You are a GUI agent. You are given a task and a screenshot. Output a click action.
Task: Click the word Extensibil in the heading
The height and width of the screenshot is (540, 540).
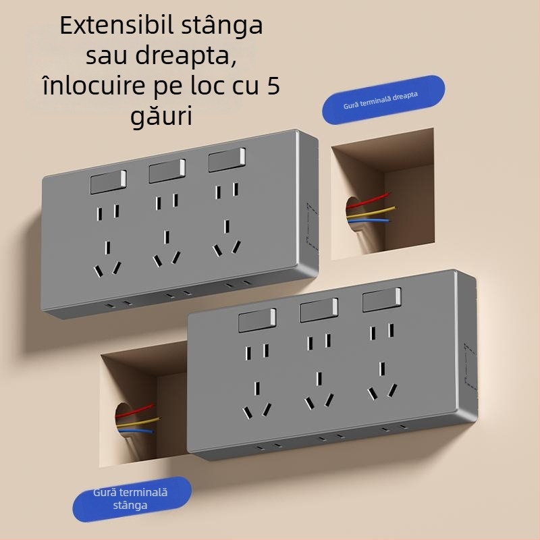[113, 26]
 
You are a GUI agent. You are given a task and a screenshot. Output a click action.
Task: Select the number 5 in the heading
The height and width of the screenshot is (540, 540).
[271, 86]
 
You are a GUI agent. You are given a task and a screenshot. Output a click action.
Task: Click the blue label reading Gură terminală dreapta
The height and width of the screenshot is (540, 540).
[383, 99]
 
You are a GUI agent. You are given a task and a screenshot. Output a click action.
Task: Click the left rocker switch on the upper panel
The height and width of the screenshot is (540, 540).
[108, 182]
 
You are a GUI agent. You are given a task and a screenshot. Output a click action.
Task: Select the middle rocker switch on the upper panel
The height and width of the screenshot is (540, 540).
[167, 171]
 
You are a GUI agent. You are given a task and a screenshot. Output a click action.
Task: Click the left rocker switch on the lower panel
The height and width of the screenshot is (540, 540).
[257, 321]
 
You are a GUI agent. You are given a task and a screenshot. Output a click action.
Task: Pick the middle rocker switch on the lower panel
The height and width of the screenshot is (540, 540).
[318, 310]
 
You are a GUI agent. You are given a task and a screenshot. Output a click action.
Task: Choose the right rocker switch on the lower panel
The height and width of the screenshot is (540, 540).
[381, 300]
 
